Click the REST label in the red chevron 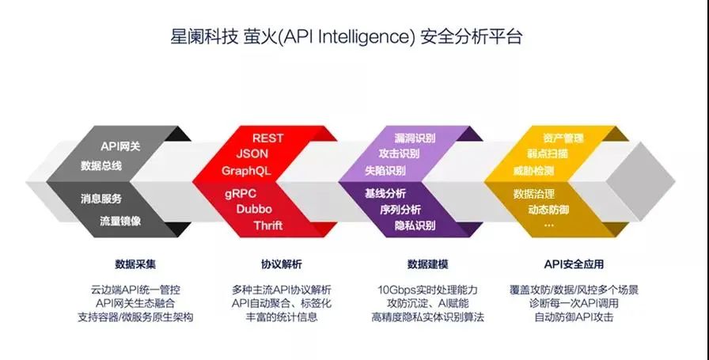coord(267,138)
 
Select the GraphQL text coord(246,171)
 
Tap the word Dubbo coord(254,209)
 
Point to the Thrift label coord(268,225)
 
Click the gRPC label coord(241,194)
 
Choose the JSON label coord(252,153)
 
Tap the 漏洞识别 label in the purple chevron coord(415,138)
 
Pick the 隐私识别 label coord(415,225)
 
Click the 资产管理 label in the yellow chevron coord(563,138)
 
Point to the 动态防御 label coord(548,210)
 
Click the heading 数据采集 coord(135,264)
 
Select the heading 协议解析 coord(281,264)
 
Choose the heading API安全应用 coord(574,264)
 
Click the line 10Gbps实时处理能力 coord(427,290)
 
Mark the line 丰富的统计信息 coord(281,316)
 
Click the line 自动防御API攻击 coord(574,316)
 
